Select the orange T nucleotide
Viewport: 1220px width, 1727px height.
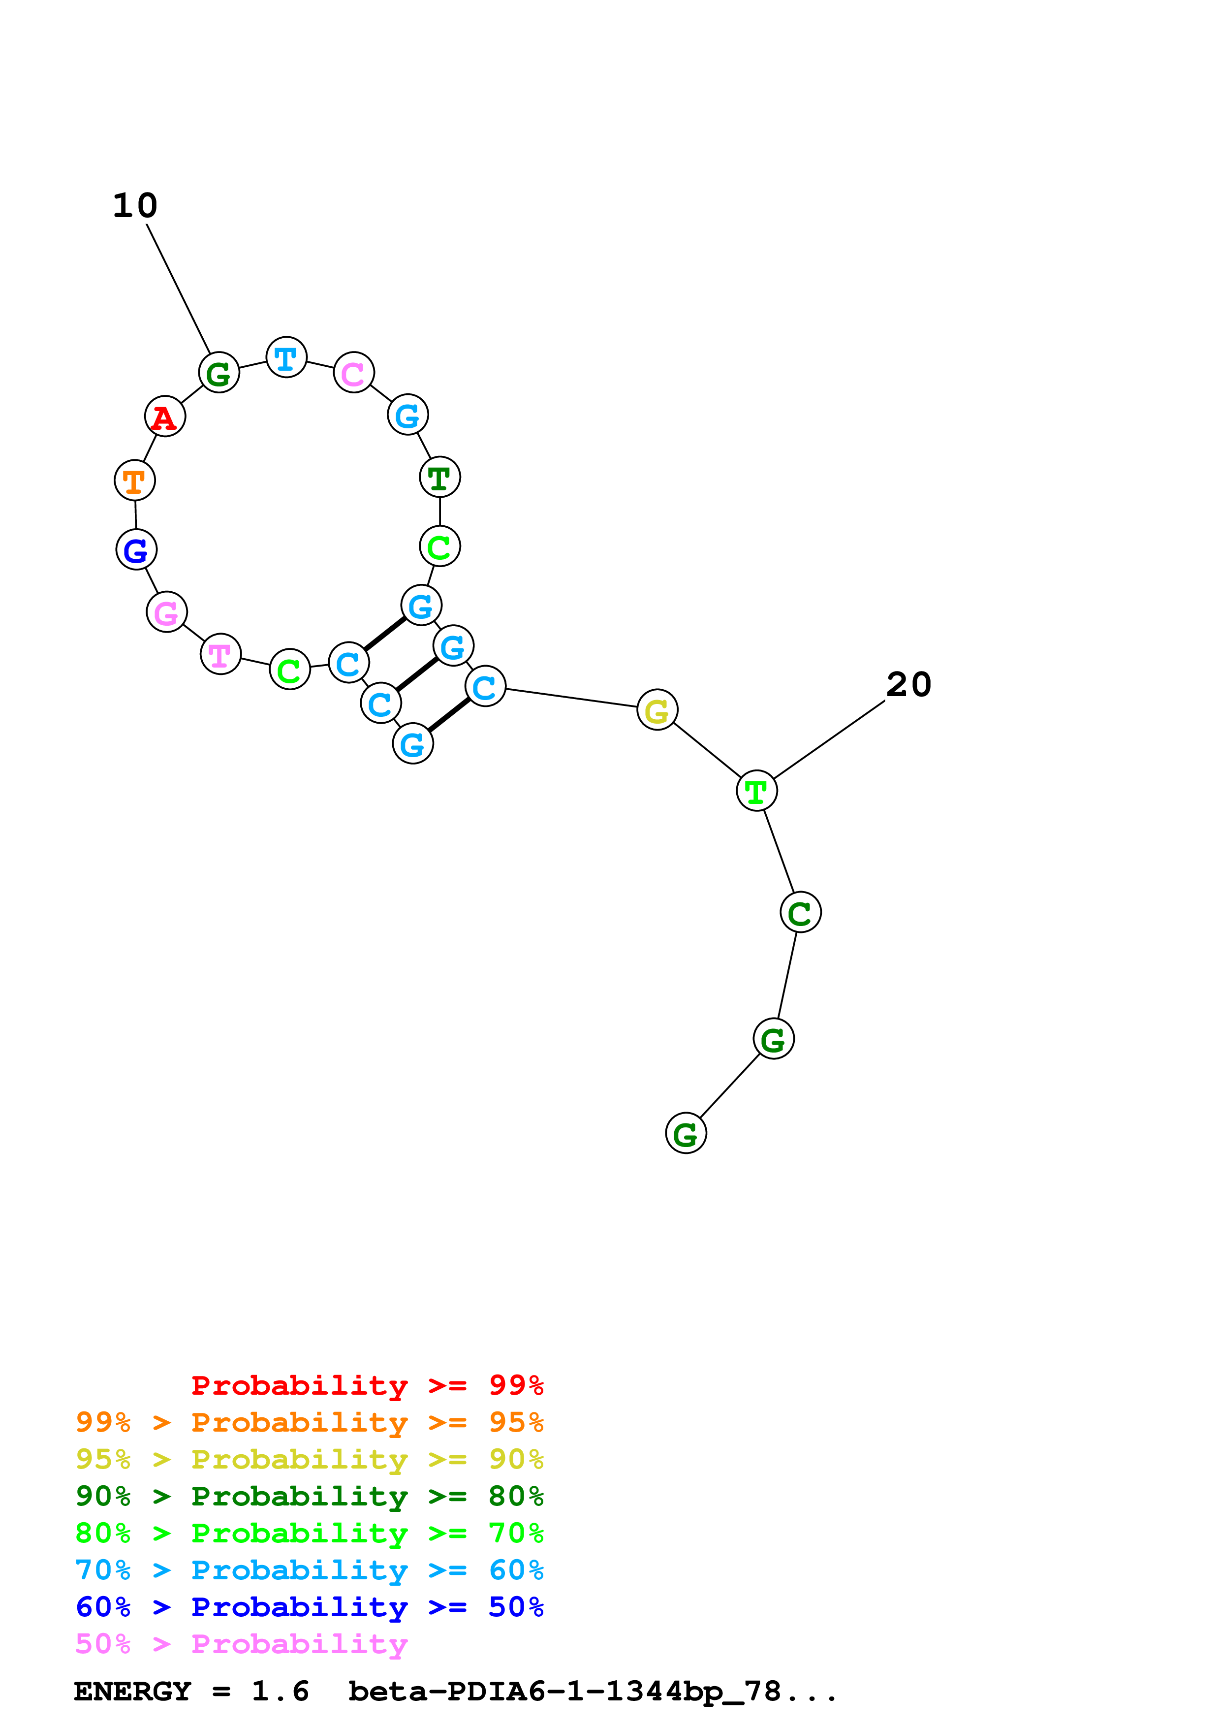[x=134, y=480]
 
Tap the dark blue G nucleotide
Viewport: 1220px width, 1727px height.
[x=136, y=550]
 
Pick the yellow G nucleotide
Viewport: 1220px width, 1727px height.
[x=657, y=710]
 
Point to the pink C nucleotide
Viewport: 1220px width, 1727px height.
[x=353, y=372]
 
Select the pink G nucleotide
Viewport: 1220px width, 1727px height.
[x=166, y=612]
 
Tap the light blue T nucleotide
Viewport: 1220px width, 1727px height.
[x=286, y=358]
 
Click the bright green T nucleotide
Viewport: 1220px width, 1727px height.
[x=756, y=791]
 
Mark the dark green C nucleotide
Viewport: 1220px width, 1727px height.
[x=800, y=912]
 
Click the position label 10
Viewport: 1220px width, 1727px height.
[x=135, y=205]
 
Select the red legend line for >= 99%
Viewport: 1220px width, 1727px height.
[x=367, y=1385]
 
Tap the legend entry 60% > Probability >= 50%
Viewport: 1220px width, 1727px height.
[x=309, y=1607]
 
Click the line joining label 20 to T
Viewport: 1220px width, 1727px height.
[x=829, y=739]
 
